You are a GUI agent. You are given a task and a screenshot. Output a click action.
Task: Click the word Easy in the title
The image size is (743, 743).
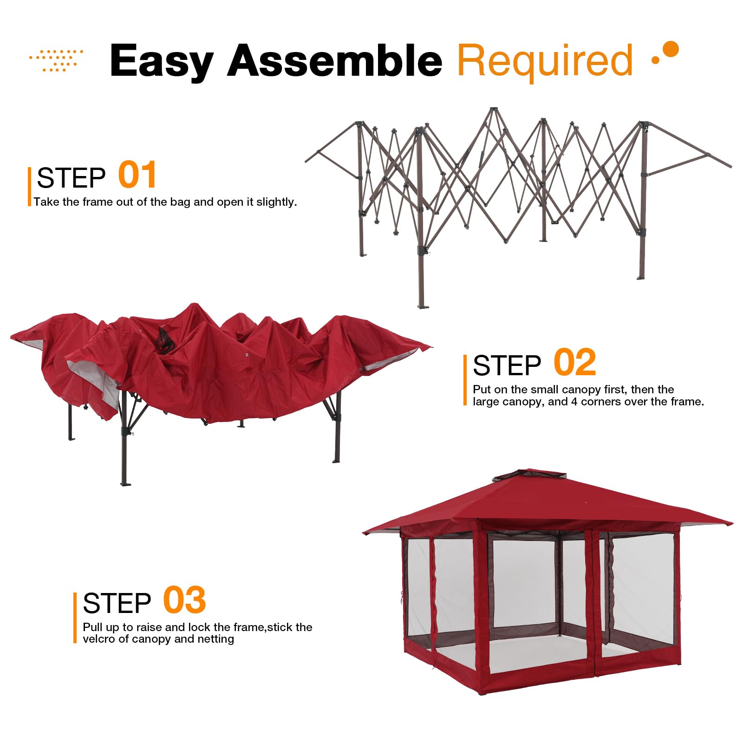click(x=161, y=61)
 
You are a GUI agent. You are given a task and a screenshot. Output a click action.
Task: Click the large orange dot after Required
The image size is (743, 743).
click(x=671, y=49)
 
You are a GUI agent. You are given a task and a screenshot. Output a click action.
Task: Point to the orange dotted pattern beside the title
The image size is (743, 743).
click(x=57, y=60)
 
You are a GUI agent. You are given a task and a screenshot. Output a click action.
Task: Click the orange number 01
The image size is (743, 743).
click(x=137, y=176)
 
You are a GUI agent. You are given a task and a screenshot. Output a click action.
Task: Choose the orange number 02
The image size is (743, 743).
click(x=574, y=363)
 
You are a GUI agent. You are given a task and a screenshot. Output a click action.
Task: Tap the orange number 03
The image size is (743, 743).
click(x=184, y=600)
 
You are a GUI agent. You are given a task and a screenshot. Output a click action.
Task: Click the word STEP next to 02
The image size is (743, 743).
click(x=507, y=365)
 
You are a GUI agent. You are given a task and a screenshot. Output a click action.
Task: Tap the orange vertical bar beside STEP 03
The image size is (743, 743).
click(x=75, y=618)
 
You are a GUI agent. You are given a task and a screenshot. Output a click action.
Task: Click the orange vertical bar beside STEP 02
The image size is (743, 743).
click(x=465, y=380)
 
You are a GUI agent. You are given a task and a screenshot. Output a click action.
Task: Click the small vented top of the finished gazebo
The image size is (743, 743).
click(x=530, y=476)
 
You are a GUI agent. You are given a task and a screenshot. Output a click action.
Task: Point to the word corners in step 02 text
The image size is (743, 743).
click(x=599, y=402)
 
